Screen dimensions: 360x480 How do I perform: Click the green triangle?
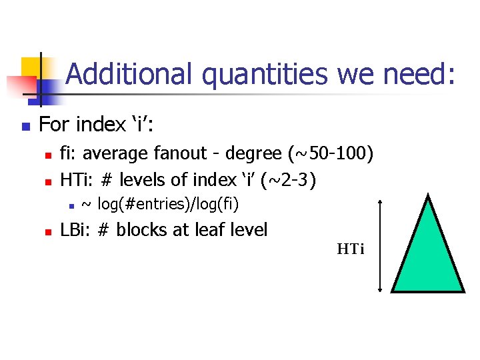tap(427, 253)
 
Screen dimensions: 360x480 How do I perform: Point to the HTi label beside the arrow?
tap(350, 250)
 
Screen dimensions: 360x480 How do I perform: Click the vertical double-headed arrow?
tap(380, 245)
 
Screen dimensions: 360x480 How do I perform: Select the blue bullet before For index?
tap(24, 126)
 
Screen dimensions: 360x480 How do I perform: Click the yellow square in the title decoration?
tap(31, 67)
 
